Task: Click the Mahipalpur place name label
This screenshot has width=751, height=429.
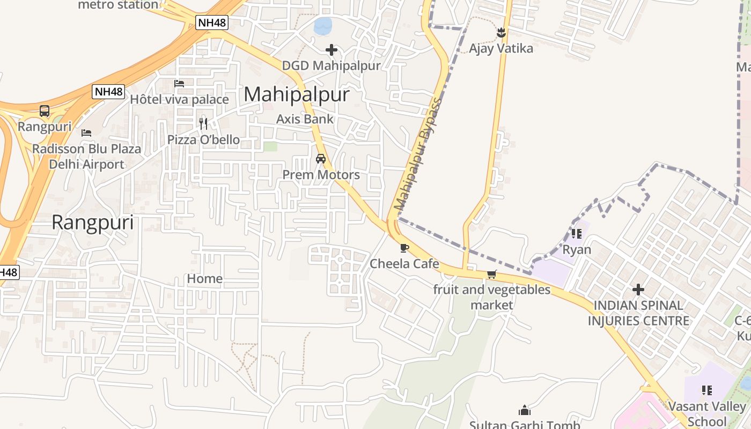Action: [x=297, y=95]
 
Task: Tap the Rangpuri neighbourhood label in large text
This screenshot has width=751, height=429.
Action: [x=93, y=222]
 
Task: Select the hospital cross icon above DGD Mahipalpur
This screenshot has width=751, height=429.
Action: [x=332, y=50]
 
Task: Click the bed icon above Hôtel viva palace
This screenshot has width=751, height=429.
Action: [x=179, y=84]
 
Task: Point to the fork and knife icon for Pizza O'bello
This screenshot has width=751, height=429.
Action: [x=203, y=124]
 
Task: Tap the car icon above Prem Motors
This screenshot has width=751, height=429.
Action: [x=321, y=159]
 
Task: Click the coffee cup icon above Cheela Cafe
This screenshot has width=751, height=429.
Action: [x=404, y=248]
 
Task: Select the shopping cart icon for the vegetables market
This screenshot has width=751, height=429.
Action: [x=491, y=274]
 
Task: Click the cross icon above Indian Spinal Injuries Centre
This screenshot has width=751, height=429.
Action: [x=638, y=290]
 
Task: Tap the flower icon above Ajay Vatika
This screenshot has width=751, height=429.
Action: [x=501, y=33]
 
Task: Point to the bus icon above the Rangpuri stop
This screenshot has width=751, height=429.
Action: [x=45, y=111]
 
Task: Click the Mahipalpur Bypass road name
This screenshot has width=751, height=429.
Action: [x=418, y=154]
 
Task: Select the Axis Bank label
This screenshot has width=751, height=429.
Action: [x=305, y=119]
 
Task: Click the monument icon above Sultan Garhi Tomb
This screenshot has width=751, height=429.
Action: [x=525, y=411]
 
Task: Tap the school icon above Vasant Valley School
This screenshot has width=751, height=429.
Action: [x=706, y=390]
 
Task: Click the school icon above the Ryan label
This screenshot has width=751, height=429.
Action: [x=577, y=234]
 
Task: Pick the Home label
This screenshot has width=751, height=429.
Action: [x=205, y=279]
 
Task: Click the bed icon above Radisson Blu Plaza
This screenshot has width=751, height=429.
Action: [x=86, y=133]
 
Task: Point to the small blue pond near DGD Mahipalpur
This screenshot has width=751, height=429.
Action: [x=323, y=25]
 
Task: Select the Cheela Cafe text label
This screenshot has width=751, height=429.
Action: [x=404, y=264]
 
